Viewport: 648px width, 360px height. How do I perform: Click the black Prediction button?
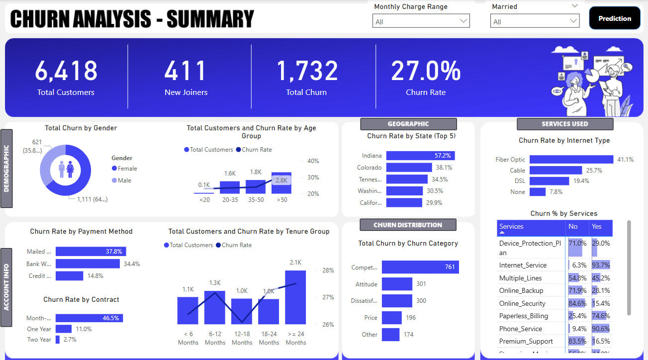(614, 18)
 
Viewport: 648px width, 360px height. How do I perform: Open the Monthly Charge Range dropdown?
(421, 21)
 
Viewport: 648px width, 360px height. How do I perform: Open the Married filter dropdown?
(535, 21)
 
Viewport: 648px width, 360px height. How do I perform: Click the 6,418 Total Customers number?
(66, 71)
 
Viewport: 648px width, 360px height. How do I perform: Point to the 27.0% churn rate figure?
(426, 71)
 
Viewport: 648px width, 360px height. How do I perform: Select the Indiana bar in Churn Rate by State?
(420, 156)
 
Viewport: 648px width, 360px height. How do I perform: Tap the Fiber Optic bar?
(571, 160)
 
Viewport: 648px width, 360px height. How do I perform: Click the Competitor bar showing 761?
(420, 267)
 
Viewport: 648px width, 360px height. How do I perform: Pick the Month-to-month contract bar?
(89, 318)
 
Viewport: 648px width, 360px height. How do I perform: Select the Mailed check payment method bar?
(91, 252)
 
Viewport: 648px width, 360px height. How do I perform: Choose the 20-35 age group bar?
(230, 187)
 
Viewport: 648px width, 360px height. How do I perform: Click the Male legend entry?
(124, 180)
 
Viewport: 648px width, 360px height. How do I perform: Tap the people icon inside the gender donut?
(66, 169)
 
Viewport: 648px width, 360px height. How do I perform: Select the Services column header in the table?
(531, 227)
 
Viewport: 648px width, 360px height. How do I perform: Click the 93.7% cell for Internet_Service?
(600, 266)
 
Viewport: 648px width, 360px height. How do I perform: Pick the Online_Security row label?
(522, 303)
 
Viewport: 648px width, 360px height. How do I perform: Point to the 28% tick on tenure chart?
(328, 270)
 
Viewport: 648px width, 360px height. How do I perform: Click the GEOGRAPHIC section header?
(408, 124)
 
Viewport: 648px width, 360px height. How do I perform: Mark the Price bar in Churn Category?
(391, 318)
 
